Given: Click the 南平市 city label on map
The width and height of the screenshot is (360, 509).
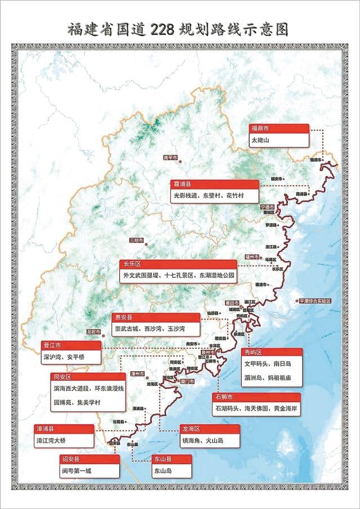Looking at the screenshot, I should pos(170,157).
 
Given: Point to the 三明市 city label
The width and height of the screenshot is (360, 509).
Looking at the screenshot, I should pos(136,240).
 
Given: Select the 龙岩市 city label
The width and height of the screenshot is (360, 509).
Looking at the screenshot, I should pos(93,332).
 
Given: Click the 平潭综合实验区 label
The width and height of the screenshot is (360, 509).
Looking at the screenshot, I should pos(315,301).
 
